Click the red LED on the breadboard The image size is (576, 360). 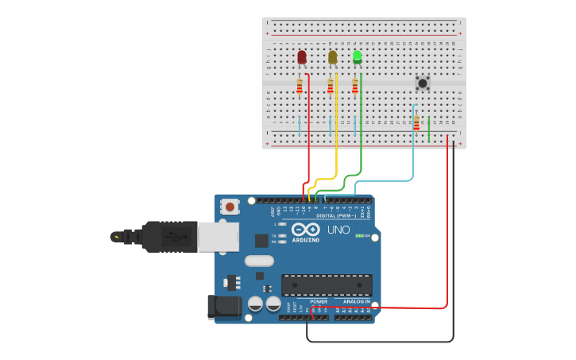pos(302,57)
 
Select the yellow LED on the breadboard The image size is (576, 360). pos(332,57)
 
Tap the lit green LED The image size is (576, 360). pos(358,56)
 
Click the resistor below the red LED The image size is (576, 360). pos(300,86)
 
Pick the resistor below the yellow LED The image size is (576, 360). pos(331,86)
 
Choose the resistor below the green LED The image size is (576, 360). pos(355,86)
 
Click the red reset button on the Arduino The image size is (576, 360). pos(230,207)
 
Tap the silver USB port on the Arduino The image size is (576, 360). pos(218,236)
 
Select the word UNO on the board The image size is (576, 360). pos(338,230)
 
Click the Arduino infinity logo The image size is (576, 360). pos(304,230)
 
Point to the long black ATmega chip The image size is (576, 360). pos(327,285)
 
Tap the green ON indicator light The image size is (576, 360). pos(359,236)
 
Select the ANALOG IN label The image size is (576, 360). pos(356,302)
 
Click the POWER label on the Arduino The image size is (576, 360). pos(319,302)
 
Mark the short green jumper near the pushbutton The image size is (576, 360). pos(429,129)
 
